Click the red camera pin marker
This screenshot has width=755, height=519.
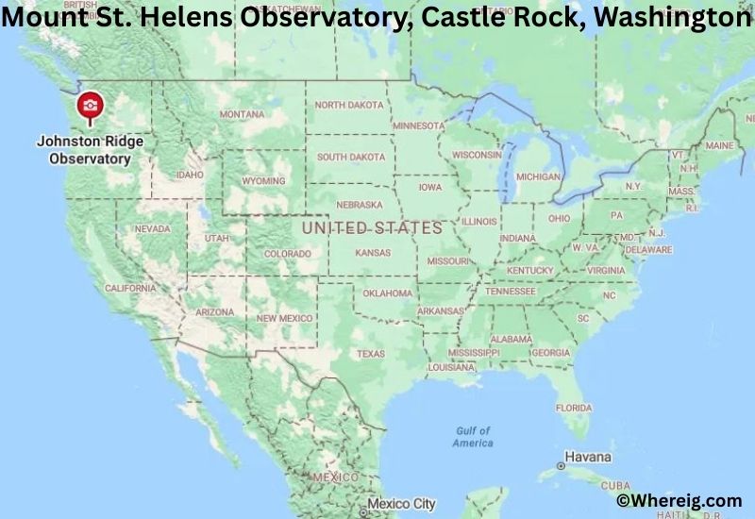[90, 107]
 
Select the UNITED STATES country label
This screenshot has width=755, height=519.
[372, 227]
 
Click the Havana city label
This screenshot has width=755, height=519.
[589, 458]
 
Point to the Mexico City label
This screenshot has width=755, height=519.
[402, 504]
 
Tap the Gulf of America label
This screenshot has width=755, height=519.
[472, 437]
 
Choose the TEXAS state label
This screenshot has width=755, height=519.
[370, 354]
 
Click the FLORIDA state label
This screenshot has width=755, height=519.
[573, 408]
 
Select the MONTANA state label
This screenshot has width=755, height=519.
[242, 114]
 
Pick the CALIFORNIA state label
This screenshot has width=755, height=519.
[130, 288]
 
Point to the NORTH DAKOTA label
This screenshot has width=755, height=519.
[350, 105]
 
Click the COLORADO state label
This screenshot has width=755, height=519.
[287, 254]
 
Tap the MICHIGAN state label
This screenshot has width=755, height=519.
[538, 176]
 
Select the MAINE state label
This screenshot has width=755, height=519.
[718, 145]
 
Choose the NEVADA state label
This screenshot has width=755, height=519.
[152, 229]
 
